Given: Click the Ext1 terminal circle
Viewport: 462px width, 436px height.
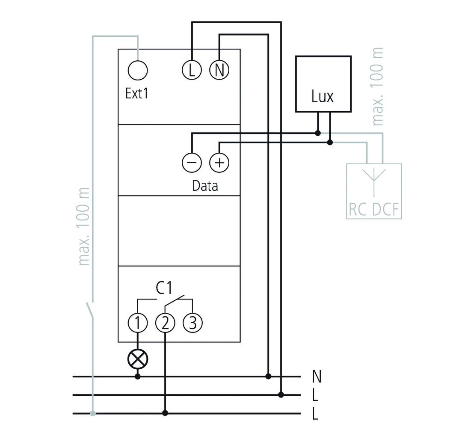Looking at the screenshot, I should [138, 70].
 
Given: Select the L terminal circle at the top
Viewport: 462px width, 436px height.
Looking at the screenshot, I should [192, 70].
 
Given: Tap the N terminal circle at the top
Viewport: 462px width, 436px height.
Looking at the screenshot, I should [219, 70].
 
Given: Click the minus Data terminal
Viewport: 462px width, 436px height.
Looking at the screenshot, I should [192, 163].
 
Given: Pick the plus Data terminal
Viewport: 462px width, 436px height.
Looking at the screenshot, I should [219, 163].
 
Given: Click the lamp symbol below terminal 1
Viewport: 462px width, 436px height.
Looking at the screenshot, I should [138, 359].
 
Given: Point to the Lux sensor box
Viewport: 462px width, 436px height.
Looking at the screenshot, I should [323, 84].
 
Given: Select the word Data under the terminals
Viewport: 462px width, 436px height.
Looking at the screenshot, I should [205, 186].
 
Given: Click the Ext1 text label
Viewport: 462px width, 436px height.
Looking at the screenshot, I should [137, 93].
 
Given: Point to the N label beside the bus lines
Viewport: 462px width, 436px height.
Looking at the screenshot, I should [317, 377].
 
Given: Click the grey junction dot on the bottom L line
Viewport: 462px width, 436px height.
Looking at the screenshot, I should [93, 413].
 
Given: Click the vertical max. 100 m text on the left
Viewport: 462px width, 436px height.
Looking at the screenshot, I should [85, 227].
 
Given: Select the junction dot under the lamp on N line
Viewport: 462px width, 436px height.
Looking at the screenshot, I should [138, 377].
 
